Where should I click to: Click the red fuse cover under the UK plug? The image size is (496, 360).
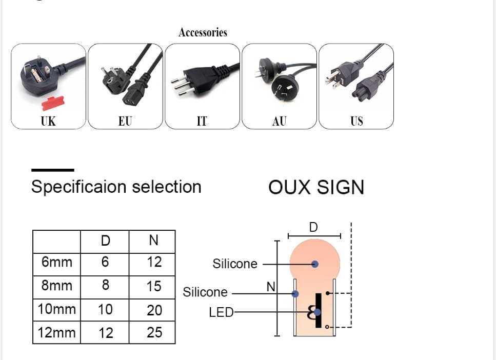coord(53,103)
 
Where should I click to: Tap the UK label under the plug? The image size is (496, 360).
coord(48,121)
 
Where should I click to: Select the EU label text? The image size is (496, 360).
coord(125,121)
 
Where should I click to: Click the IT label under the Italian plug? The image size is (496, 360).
coord(202,121)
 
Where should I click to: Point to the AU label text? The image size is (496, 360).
coord(280,121)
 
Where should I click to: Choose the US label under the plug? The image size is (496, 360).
coord(356,121)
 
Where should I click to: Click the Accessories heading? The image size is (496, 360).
coord(203,32)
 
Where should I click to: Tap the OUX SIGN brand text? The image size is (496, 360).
coord(316,187)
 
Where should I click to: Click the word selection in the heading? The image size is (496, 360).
coord(167,187)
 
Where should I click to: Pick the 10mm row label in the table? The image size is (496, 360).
coord(57,310)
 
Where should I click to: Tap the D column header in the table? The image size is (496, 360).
coord(105,241)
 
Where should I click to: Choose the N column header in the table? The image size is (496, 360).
coord(154,241)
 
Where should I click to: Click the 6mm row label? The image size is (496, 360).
coord(57,263)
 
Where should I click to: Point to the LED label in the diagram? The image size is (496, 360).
coord(221,312)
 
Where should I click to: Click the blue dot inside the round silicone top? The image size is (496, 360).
coord(315,264)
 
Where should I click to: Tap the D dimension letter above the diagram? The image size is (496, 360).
coord(313,227)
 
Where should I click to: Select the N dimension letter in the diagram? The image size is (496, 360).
coord(271,287)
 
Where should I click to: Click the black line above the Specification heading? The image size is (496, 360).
coord(53,170)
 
